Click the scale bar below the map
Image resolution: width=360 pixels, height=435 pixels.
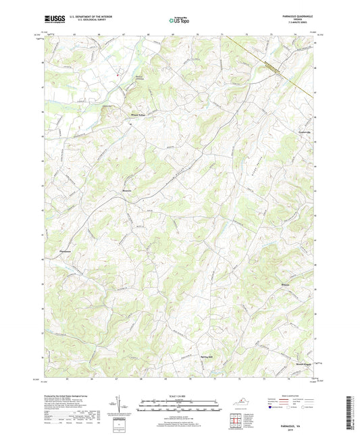click(x=180, y=408)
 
